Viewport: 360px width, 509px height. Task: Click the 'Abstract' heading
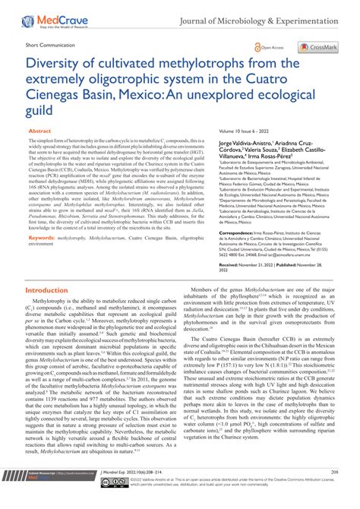pyautogui.click(x=39, y=131)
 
